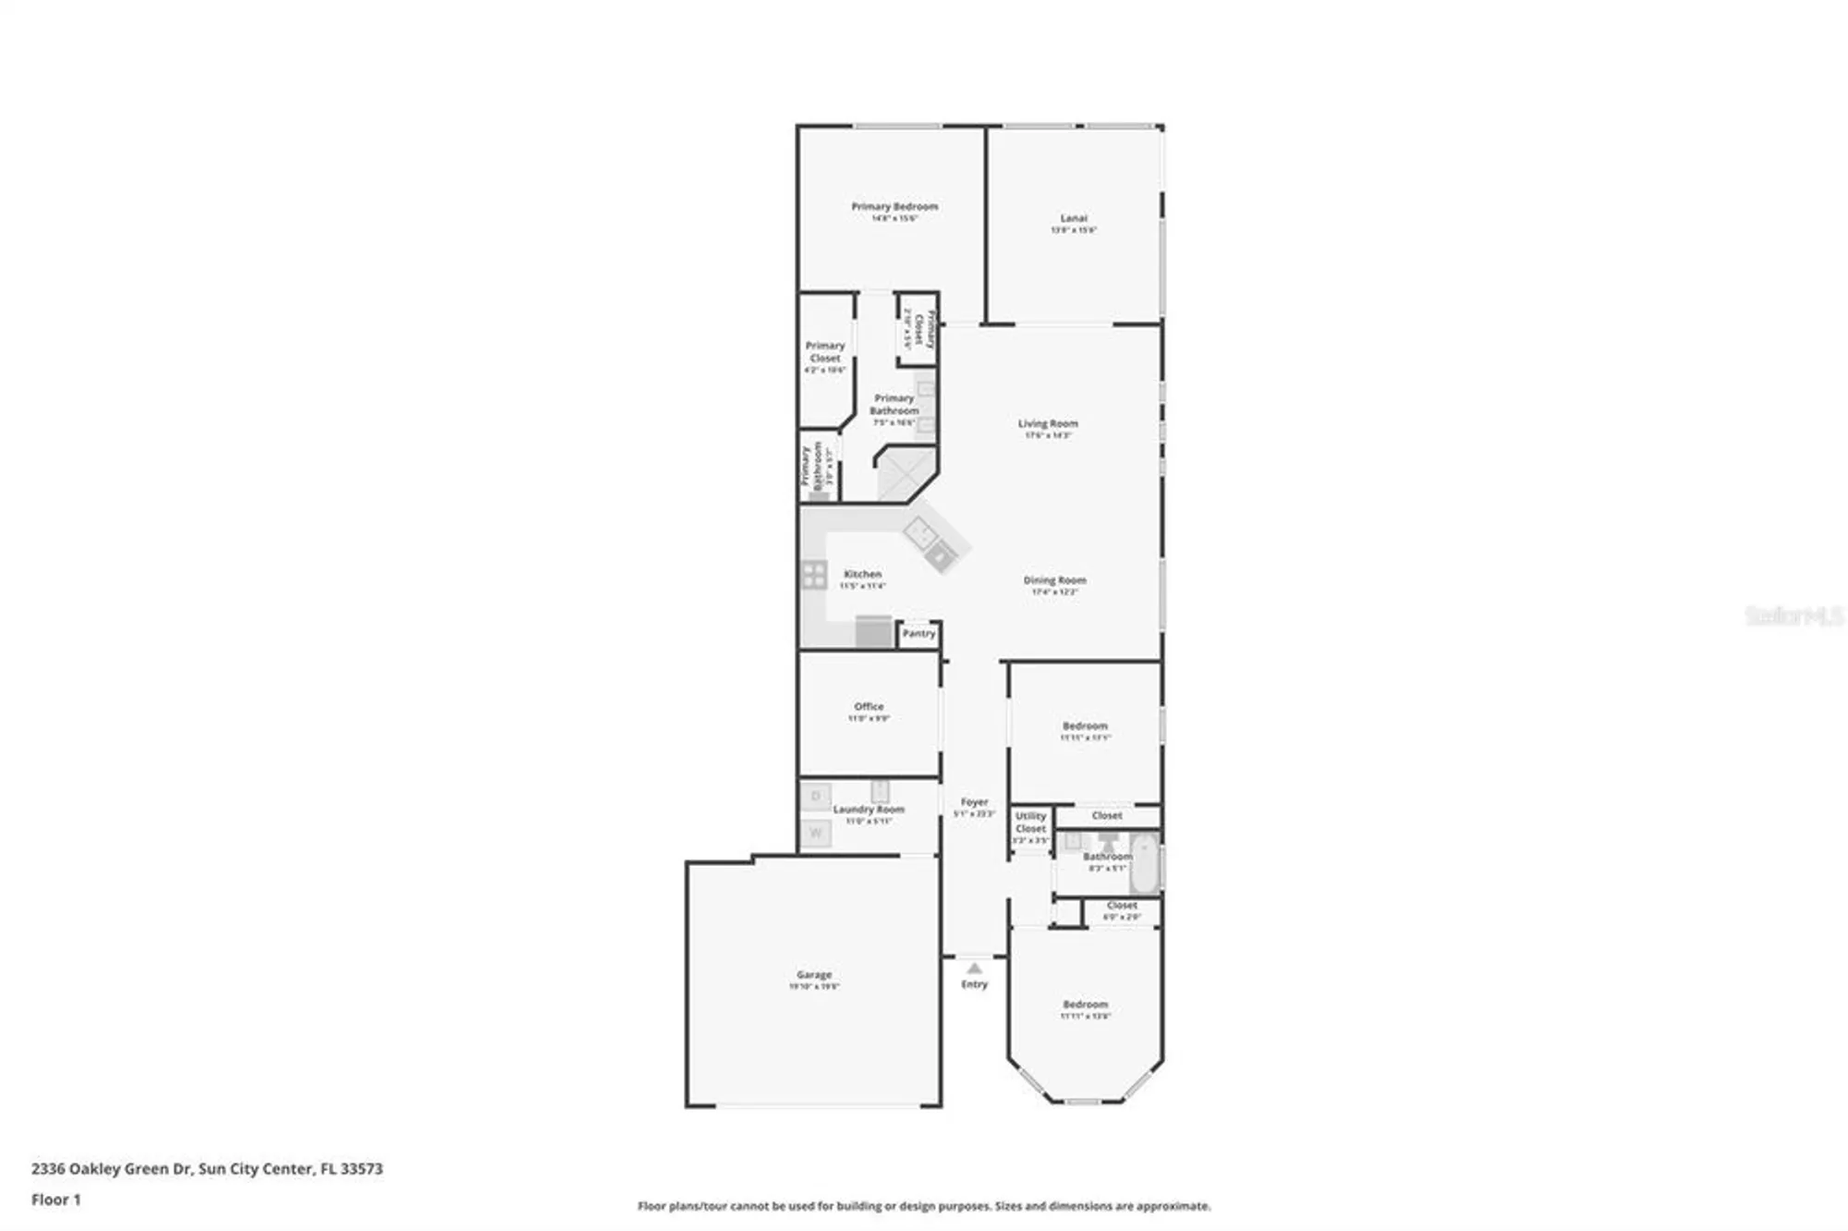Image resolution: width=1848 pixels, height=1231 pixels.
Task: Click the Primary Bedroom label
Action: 894,207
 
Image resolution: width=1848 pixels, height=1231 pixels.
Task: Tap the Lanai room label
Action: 1073,219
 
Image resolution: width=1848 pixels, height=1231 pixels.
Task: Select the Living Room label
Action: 1048,424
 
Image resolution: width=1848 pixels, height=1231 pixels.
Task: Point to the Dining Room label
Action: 1054,580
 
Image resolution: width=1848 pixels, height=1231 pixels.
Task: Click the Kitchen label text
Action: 862,574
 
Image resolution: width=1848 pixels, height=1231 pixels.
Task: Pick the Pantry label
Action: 918,634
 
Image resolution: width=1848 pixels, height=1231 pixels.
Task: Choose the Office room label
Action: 869,707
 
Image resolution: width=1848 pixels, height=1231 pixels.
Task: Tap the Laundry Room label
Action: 869,810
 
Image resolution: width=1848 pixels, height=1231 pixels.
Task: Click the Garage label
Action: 814,975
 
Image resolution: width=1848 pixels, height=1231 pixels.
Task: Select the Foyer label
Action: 974,802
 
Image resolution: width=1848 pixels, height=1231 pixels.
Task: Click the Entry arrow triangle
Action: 974,969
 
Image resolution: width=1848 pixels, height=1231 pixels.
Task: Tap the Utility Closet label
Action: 1030,823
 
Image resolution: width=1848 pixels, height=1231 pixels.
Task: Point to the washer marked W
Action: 816,833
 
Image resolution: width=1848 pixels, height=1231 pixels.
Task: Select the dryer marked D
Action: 816,796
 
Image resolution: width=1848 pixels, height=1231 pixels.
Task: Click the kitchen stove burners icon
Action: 814,575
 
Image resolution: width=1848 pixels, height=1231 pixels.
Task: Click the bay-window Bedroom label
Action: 1085,1005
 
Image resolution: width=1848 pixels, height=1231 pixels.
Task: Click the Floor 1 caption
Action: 56,1200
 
